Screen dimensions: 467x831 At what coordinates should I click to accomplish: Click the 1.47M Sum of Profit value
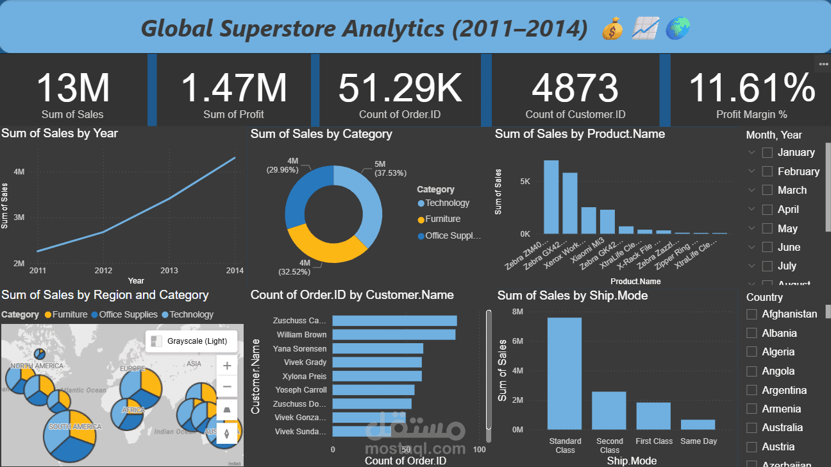coord(233,88)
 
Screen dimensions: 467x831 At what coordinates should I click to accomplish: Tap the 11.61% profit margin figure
coord(751,88)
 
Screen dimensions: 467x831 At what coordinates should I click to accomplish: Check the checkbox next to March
coord(767,191)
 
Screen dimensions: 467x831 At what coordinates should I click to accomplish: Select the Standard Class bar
coord(564,373)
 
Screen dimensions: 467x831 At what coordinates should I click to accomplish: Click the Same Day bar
coord(698,424)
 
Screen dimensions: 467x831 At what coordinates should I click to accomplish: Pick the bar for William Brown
coord(393,335)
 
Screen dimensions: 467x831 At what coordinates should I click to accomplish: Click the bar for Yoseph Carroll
coord(373,390)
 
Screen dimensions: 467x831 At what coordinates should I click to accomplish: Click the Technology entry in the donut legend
coord(447,203)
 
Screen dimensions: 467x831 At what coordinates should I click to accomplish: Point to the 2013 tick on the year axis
coord(169,271)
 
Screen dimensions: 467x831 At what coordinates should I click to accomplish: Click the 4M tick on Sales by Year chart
coord(19,172)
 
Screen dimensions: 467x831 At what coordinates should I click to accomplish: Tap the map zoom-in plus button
coord(226,366)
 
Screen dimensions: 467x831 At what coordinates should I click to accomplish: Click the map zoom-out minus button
coord(226,387)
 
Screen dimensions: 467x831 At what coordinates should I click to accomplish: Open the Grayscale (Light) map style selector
coord(191,341)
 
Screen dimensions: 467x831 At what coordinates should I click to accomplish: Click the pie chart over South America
coord(70,436)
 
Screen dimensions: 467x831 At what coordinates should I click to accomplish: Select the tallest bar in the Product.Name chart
coord(551,197)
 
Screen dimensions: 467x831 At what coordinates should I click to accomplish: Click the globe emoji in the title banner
coord(677,28)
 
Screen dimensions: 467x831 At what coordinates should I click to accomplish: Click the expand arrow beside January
coord(751,153)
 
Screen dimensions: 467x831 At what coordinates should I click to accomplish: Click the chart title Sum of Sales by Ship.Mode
coord(572,296)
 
